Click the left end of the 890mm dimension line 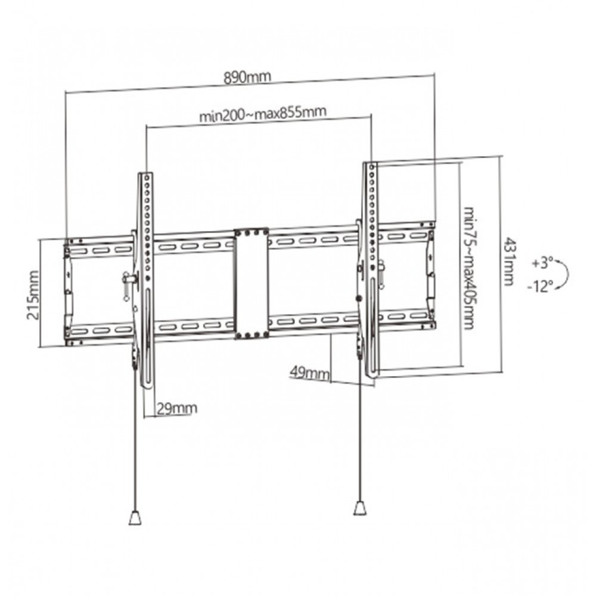[66, 92]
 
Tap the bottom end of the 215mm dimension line [39, 347]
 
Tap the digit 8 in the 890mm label [228, 78]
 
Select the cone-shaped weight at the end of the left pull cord [135, 518]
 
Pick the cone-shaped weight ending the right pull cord [360, 508]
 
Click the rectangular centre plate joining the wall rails [252, 283]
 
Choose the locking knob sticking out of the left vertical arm [129, 280]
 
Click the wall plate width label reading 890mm [247, 77]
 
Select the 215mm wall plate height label [33, 295]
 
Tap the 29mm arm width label [177, 409]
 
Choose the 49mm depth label [309, 373]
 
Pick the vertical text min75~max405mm [470, 268]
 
